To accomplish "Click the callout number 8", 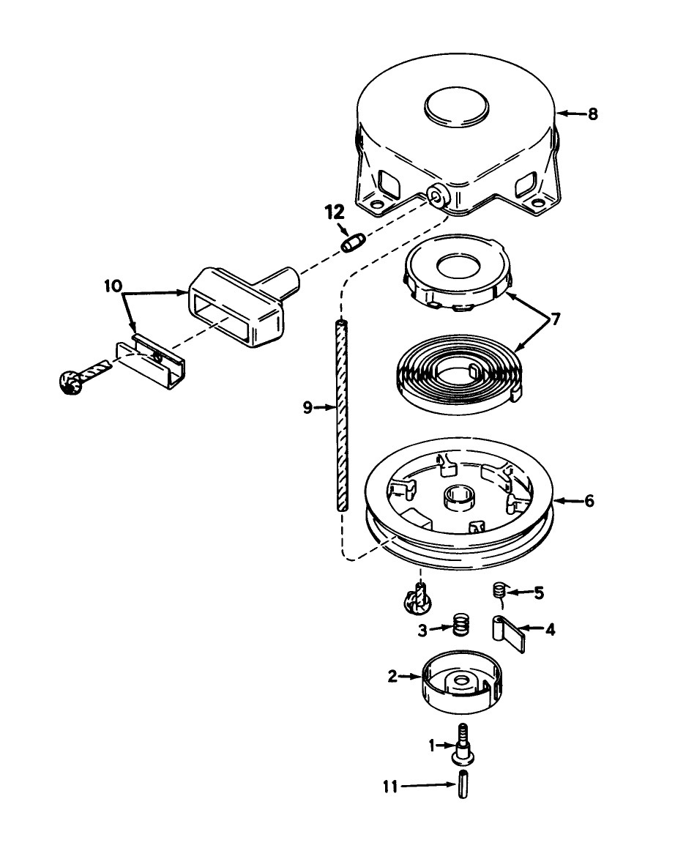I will (x=592, y=114).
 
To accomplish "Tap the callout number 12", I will (x=334, y=213).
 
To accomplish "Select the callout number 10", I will (x=115, y=285).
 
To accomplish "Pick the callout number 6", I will (x=589, y=502).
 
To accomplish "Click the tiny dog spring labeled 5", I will (x=499, y=592).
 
